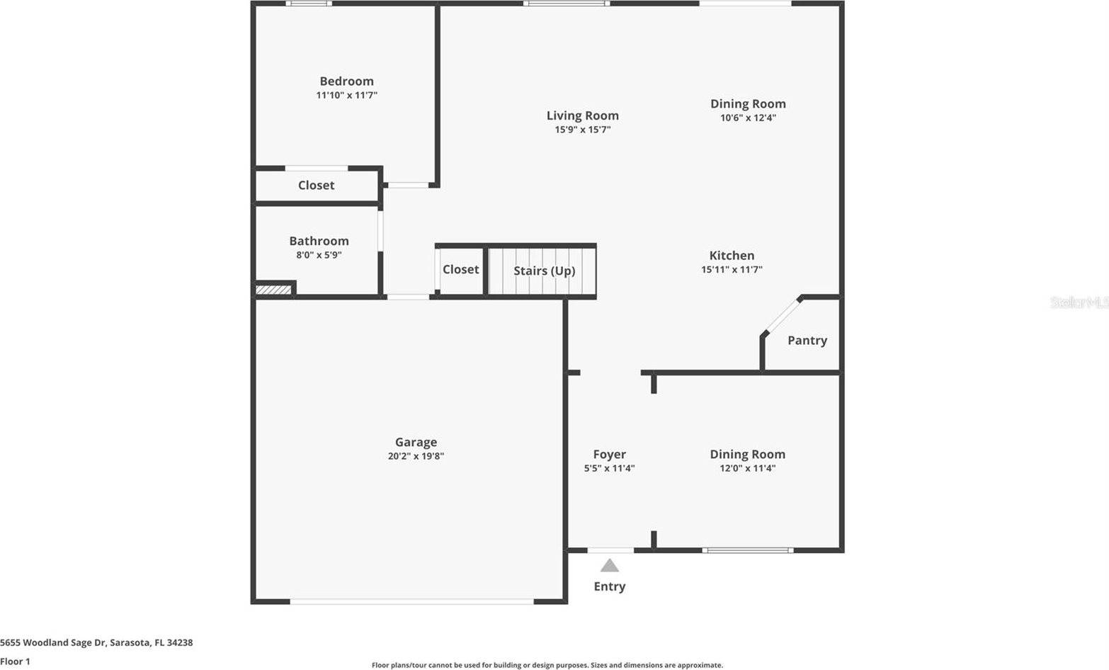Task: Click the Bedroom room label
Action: pyautogui.click(x=346, y=81)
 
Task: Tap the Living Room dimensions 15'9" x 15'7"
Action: pyautogui.click(x=582, y=130)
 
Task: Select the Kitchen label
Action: pyautogui.click(x=732, y=256)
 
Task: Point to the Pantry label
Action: pyautogui.click(x=807, y=341)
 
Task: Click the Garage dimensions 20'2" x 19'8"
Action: pyautogui.click(x=416, y=457)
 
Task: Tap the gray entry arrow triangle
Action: pyautogui.click(x=610, y=566)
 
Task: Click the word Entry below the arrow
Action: pyautogui.click(x=609, y=586)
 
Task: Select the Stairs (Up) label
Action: pyautogui.click(x=544, y=271)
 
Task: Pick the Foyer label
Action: pyautogui.click(x=609, y=455)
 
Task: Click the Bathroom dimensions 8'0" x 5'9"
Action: pyautogui.click(x=319, y=255)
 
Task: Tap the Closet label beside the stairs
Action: pyautogui.click(x=460, y=270)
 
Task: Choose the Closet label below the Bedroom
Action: pyautogui.click(x=316, y=186)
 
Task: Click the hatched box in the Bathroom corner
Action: pyautogui.click(x=273, y=290)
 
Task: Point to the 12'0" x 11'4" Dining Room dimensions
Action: pyautogui.click(x=747, y=468)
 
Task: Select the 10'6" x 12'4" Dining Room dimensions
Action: pyautogui.click(x=748, y=118)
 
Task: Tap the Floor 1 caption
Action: pyautogui.click(x=15, y=662)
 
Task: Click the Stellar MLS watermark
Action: pyautogui.click(x=1079, y=302)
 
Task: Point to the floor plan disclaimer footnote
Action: pyautogui.click(x=547, y=665)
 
